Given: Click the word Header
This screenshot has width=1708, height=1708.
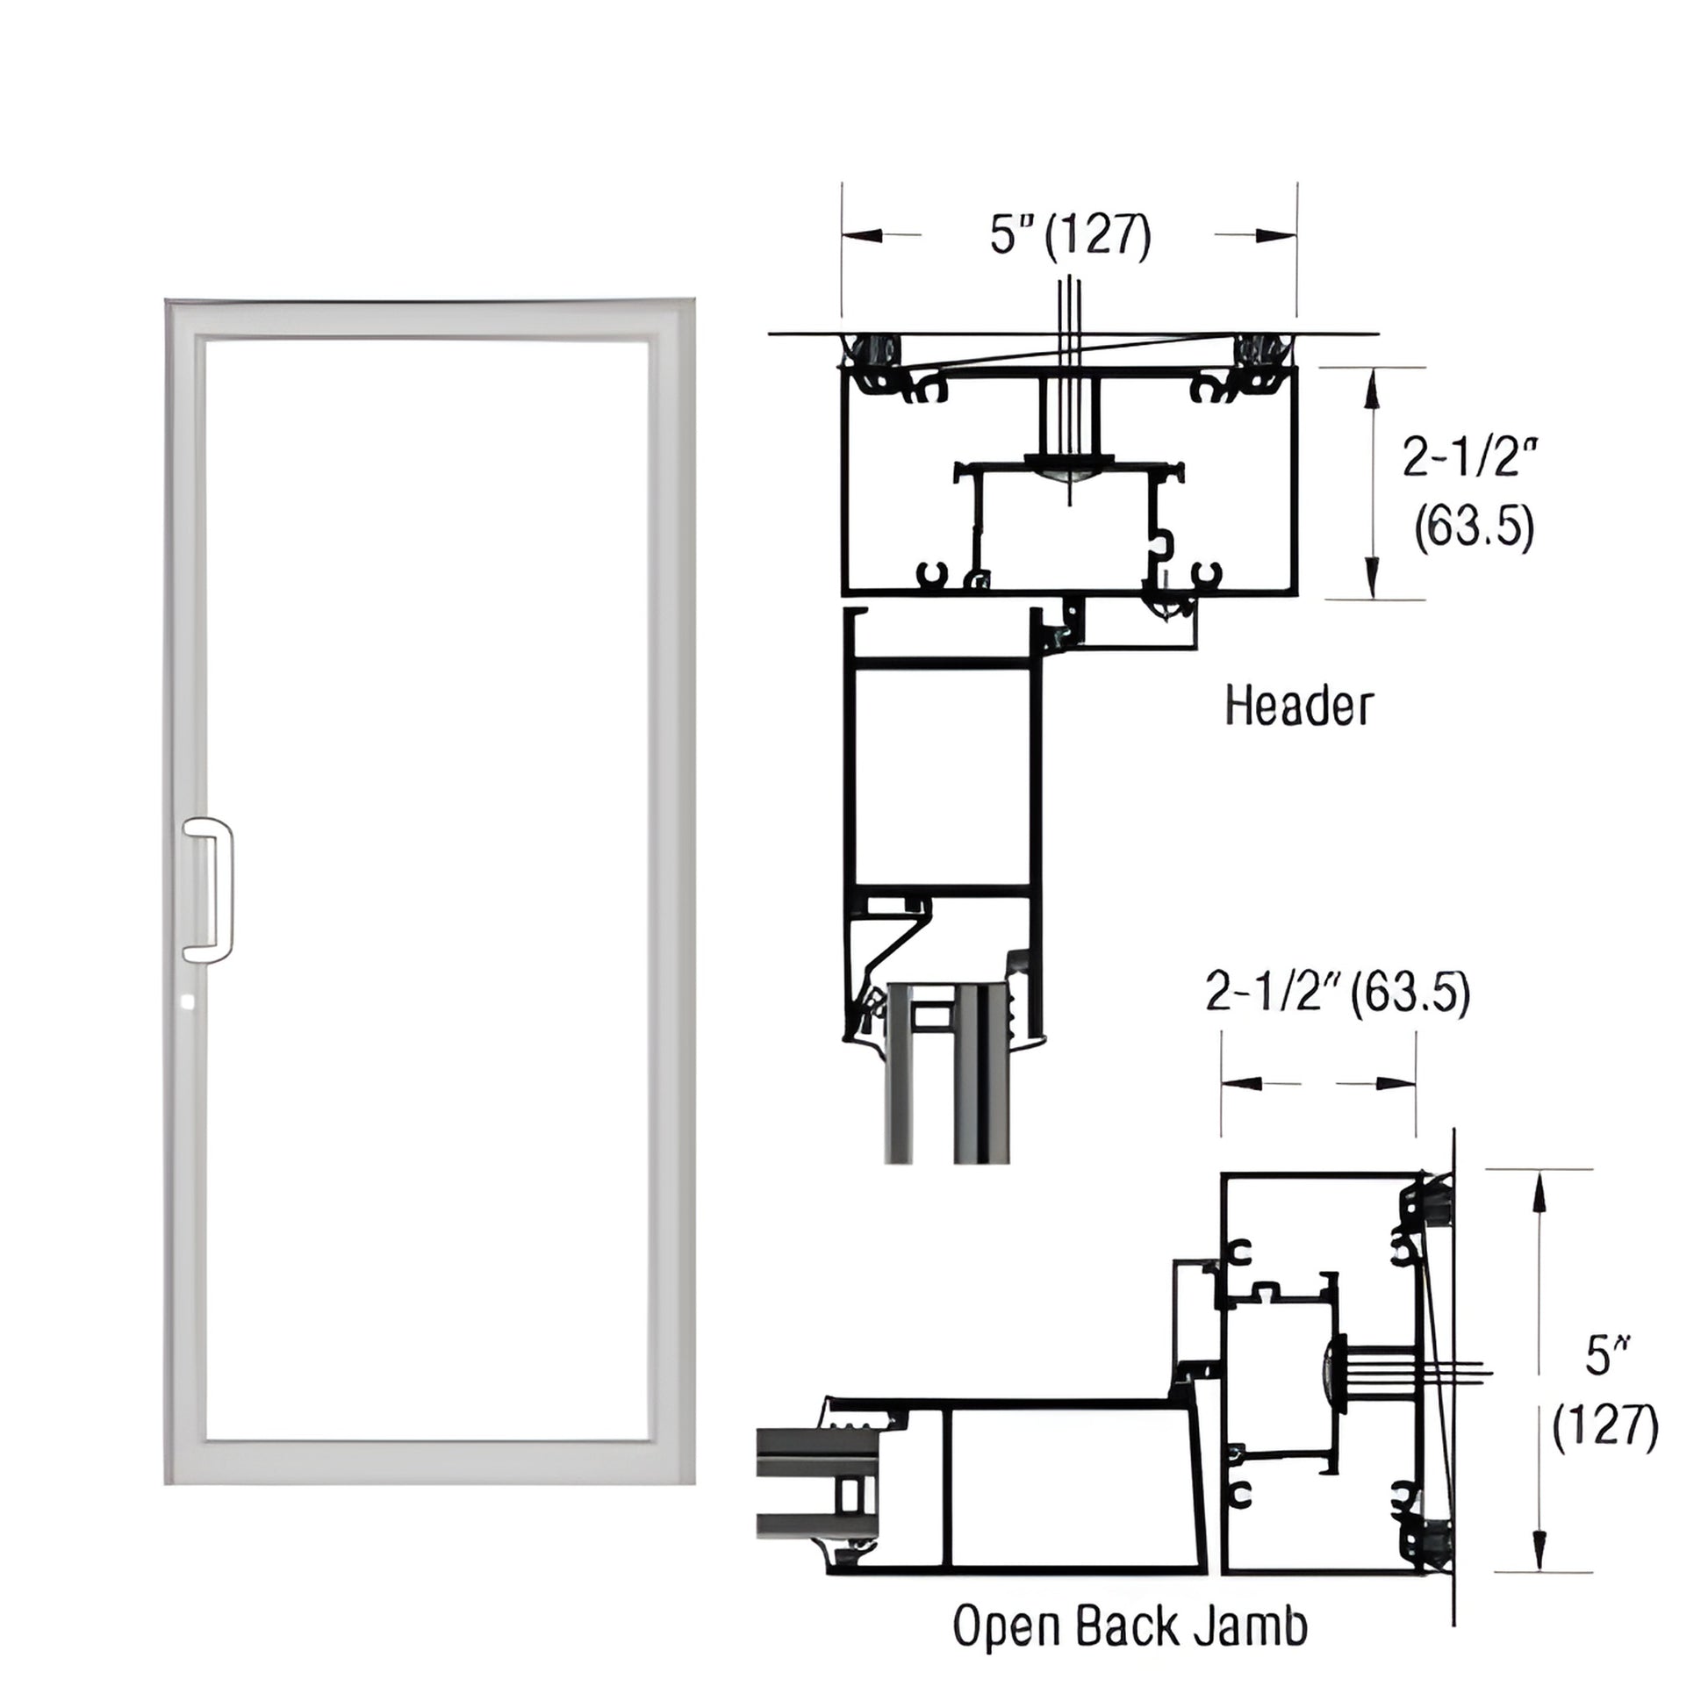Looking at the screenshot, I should point(1299,707).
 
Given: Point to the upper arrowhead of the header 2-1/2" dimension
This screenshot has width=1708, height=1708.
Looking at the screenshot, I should point(1371,387).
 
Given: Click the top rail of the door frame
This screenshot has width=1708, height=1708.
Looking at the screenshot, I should point(429,319).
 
